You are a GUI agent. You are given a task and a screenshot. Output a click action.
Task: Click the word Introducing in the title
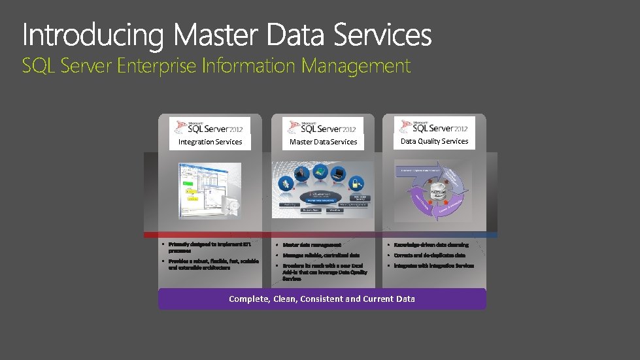pyautogui.click(x=91, y=35)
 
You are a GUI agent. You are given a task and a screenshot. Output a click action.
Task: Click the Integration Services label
pyautogui.click(x=210, y=142)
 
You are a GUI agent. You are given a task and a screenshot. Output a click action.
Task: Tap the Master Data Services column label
pyautogui.click(x=323, y=142)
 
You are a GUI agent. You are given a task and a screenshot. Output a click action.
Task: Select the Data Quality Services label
pyautogui.click(x=434, y=141)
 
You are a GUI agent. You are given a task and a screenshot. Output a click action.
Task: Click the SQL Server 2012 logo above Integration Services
pyautogui.click(x=209, y=127)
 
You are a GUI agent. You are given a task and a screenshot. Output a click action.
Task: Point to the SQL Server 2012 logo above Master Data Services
pyautogui.click(x=323, y=127)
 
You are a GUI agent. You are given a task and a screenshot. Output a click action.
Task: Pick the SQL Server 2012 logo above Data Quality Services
pyautogui.click(x=434, y=126)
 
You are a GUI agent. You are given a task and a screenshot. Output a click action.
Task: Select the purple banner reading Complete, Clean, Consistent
pyautogui.click(x=322, y=299)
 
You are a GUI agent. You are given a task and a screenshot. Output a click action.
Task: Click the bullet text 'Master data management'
pyautogui.click(x=312, y=245)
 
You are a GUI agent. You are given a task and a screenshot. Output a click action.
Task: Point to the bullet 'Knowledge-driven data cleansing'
pyautogui.click(x=431, y=245)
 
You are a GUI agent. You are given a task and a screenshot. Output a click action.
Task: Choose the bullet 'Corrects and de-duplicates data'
pyautogui.click(x=429, y=255)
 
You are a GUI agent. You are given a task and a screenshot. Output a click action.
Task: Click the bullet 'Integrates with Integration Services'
pyautogui.click(x=433, y=266)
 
